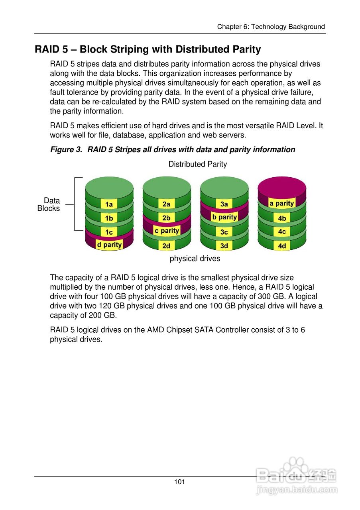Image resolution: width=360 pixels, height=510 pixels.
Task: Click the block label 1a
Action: pyautogui.click(x=108, y=204)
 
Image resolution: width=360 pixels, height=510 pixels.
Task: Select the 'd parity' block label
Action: pyautogui.click(x=109, y=245)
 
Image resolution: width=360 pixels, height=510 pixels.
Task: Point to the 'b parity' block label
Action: pyautogui.click(x=224, y=217)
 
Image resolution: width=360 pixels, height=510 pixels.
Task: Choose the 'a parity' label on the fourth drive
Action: pyautogui.click(x=282, y=203)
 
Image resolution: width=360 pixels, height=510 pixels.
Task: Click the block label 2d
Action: pyautogui.click(x=166, y=246)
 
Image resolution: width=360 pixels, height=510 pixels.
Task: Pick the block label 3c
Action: pyautogui.click(x=224, y=232)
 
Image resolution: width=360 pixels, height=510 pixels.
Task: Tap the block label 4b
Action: pyautogui.click(x=282, y=218)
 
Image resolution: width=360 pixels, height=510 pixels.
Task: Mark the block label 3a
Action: pyautogui.click(x=224, y=204)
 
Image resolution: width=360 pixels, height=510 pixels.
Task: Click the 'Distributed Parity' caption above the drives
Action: pyautogui.click(x=197, y=164)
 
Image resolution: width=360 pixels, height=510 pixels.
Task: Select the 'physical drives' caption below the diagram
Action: pyautogui.click(x=195, y=259)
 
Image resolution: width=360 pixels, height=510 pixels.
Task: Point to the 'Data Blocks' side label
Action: pyautogui.click(x=49, y=204)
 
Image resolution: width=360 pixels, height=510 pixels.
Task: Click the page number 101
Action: pyautogui.click(x=179, y=482)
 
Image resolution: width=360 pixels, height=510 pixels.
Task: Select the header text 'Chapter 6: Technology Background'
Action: pyautogui.click(x=271, y=27)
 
